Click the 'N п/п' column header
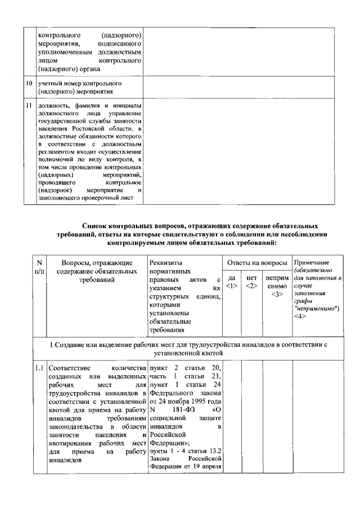pyautogui.click(x=39, y=267)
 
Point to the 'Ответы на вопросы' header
pyautogui.click(x=257, y=263)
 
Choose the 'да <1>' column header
pyautogui.click(x=232, y=282)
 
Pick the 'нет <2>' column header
pyautogui.click(x=251, y=282)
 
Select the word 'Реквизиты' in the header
pyautogui.click(x=166, y=263)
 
